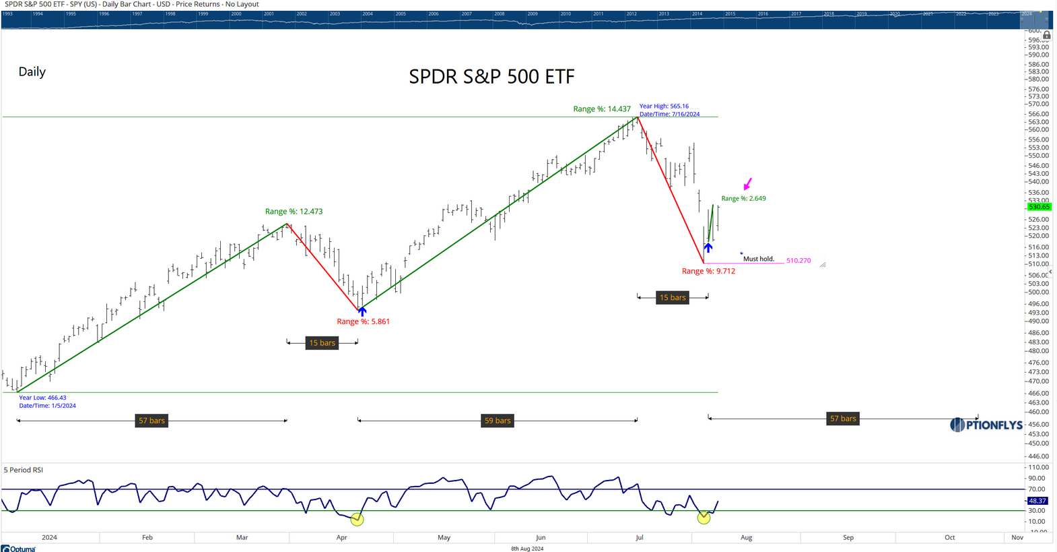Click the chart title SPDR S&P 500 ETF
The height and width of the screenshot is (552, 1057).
coord(491,77)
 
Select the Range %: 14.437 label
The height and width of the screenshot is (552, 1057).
coord(602,109)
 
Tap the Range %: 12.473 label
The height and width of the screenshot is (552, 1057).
coord(294,212)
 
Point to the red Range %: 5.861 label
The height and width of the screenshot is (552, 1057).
coord(363,321)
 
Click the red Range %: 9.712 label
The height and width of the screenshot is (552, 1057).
coord(708,271)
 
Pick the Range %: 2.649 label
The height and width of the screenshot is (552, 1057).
coord(743,199)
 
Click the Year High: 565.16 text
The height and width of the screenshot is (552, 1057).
coord(664,106)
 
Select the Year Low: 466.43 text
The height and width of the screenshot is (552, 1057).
coord(42,398)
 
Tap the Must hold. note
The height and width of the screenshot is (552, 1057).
coord(759,259)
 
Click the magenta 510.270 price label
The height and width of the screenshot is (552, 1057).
coord(798,260)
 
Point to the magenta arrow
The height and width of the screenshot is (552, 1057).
coord(747,184)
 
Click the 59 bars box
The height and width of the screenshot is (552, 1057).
coord(498,421)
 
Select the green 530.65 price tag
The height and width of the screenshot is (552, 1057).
coord(1039,207)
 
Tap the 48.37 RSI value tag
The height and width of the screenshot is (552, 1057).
coord(1037,501)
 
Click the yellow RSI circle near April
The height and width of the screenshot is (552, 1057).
coord(357,520)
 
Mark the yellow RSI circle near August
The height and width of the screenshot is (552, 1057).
coord(704,518)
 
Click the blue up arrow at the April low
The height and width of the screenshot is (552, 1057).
coord(362,311)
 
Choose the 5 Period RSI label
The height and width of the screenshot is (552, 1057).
coord(24,470)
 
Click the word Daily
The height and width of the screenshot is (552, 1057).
coord(32,72)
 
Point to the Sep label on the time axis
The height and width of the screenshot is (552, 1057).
coord(848,537)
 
